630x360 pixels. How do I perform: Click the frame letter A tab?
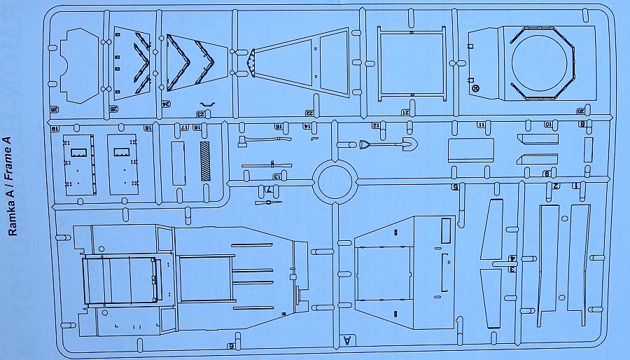point(346,341)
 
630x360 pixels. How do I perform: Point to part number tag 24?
point(166,103)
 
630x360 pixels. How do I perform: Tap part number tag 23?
point(202,114)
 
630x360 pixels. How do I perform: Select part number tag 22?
point(309,113)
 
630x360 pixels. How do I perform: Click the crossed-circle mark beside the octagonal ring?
point(476,88)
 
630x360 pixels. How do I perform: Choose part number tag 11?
point(481,125)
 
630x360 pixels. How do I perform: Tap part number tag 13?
point(277,176)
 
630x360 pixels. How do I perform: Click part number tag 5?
point(455,187)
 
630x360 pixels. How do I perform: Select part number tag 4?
point(513,258)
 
